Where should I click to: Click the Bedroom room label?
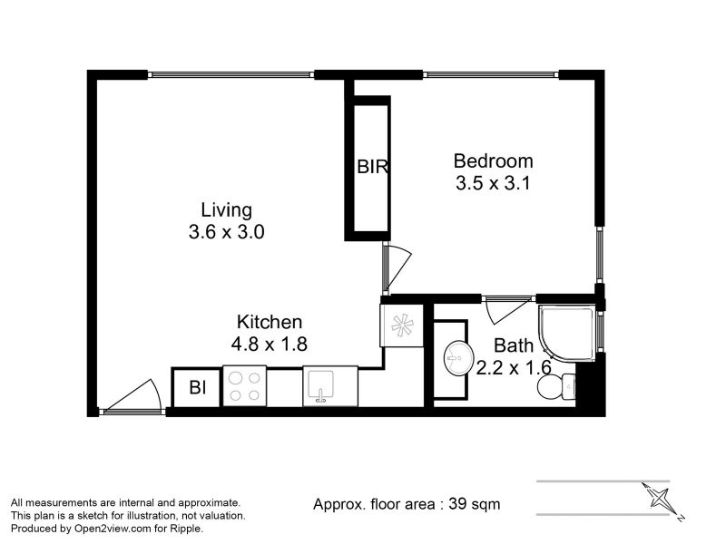pyautogui.click(x=493, y=161)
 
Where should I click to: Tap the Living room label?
pyautogui.click(x=226, y=210)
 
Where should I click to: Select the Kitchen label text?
pyautogui.click(x=270, y=322)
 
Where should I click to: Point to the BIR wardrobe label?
pyautogui.click(x=372, y=167)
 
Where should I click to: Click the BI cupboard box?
pyautogui.click(x=196, y=388)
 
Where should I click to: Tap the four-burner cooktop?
pyautogui.click(x=244, y=386)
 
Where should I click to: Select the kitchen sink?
pyautogui.click(x=330, y=386)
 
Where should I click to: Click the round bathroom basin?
pyautogui.click(x=459, y=357)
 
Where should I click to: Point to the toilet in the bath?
pyautogui.click(x=556, y=385)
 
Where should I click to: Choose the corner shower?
pyautogui.click(x=566, y=332)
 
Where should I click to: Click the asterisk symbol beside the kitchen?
pyautogui.click(x=402, y=325)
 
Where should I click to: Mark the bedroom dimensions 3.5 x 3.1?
pyautogui.click(x=493, y=183)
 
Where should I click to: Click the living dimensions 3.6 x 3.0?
pyautogui.click(x=226, y=232)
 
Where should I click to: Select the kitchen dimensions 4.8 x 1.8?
pyautogui.click(x=269, y=345)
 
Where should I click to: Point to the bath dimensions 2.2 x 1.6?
pyautogui.click(x=514, y=368)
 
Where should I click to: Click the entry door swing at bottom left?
pyautogui.click(x=132, y=396)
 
